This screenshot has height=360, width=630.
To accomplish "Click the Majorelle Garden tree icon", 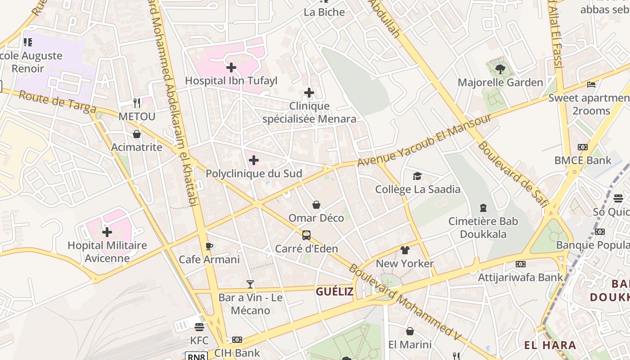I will click(x=500, y=69).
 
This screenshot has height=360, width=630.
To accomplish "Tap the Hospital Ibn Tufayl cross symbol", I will click(x=231, y=67).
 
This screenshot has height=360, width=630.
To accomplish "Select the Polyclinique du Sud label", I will click(x=254, y=174).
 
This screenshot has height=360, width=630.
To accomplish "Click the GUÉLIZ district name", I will click(x=334, y=292).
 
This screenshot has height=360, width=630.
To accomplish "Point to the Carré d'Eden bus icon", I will click(x=306, y=235).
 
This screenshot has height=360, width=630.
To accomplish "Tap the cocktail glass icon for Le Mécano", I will click(x=250, y=284).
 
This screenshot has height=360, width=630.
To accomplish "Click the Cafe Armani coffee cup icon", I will click(x=209, y=246).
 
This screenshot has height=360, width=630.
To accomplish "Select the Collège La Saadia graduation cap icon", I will click(x=418, y=176).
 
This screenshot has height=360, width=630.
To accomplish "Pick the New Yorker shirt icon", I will click(x=405, y=250).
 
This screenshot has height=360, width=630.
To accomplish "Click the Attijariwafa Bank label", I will click(x=520, y=277).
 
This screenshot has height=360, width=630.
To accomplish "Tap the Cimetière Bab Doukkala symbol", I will click(x=483, y=208).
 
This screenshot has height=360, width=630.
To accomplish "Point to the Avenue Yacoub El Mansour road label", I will click(x=424, y=140).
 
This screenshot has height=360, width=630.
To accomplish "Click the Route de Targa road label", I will click(x=58, y=102).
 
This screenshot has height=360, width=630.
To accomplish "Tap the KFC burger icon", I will click(x=199, y=327).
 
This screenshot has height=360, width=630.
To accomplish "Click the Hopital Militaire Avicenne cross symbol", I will click(x=107, y=232).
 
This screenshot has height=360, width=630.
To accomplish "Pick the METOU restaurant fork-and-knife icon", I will click(x=137, y=103).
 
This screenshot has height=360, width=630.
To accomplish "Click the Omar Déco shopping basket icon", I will click(x=316, y=205).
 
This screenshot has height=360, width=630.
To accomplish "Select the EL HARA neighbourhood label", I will click(x=550, y=345).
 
